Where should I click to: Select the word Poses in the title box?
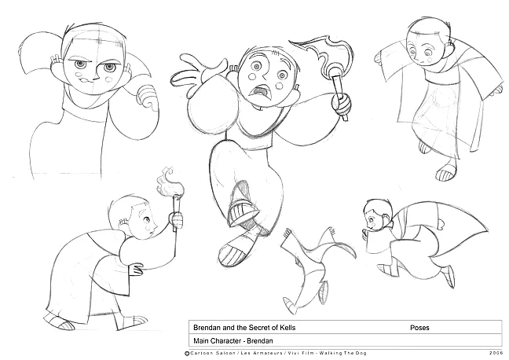pyautogui.click(x=419, y=328)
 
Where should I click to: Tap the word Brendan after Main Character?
pyautogui.click(x=260, y=341)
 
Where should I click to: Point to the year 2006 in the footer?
pyautogui.click(x=496, y=353)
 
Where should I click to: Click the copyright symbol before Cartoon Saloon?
pyautogui.click(x=187, y=354)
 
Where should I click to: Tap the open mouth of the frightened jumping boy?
pyautogui.click(x=259, y=93)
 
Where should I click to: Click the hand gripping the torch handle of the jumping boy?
pyautogui.click(x=341, y=103)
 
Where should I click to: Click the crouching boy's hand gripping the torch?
pyautogui.click(x=176, y=219)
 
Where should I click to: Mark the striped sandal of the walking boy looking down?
pyautogui.click(x=447, y=172)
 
